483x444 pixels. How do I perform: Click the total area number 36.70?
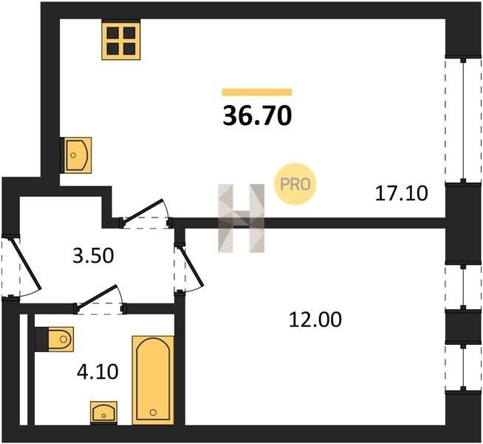(257, 115)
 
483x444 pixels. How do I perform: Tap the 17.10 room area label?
(401, 193)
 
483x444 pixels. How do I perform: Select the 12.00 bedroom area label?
(315, 320)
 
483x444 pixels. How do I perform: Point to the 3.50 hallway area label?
(93, 256)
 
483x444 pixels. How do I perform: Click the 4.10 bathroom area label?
(97, 371)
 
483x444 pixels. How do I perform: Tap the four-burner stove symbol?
(121, 40)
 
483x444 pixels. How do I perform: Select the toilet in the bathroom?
(54, 339)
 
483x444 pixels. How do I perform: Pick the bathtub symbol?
(153, 380)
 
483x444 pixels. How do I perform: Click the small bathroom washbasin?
(104, 413)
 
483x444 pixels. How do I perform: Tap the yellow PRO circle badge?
(295, 184)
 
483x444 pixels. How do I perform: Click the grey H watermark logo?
(241, 218)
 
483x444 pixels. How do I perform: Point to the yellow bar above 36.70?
(257, 92)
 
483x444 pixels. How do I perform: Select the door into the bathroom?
(97, 298)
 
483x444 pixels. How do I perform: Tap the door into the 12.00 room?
(191, 267)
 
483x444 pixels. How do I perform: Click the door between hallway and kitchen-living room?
(144, 212)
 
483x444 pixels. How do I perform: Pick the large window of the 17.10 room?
(463, 120)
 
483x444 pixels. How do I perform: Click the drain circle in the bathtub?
(153, 412)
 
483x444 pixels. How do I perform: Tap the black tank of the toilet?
(41, 339)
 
